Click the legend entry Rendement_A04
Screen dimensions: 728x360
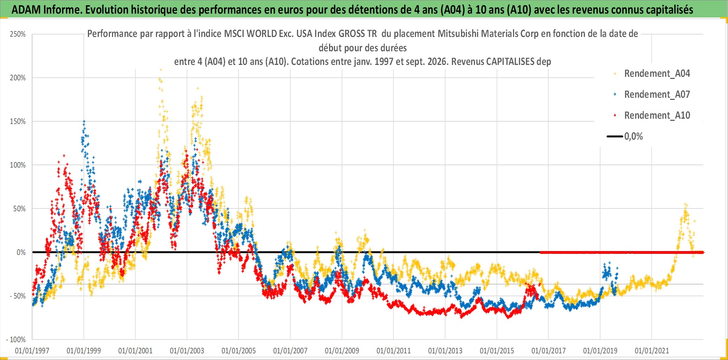[x=652, y=74]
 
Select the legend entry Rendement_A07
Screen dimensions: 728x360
[x=652, y=95]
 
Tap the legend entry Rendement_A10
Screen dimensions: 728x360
[x=652, y=116]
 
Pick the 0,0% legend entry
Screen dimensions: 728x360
[x=625, y=137]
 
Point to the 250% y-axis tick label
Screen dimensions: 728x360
[x=18, y=34]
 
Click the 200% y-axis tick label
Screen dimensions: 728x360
[x=18, y=78]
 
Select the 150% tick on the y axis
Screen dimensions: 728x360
[x=18, y=122]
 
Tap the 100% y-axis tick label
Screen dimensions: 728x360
[x=18, y=165]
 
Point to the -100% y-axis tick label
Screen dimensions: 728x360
[x=16, y=339]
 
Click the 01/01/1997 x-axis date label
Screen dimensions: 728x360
[x=32, y=351]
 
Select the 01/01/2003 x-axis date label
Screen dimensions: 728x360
[x=187, y=351]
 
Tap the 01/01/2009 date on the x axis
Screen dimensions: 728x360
[x=342, y=351]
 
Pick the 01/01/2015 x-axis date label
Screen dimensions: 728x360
[x=497, y=351]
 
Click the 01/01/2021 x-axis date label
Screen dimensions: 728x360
[x=652, y=351]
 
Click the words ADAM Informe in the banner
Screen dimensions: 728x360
[x=47, y=10]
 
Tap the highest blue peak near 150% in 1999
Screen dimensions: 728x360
[x=84, y=122]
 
